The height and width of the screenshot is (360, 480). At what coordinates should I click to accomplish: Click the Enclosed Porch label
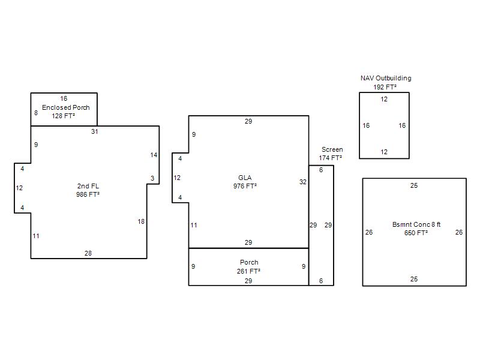(x=66, y=107)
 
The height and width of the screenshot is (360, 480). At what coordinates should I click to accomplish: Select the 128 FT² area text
(x=64, y=116)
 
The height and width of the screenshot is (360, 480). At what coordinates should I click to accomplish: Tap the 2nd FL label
(x=88, y=186)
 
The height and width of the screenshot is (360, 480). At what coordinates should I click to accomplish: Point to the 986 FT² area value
(x=88, y=194)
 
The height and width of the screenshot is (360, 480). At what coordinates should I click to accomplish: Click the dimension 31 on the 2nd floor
(x=95, y=131)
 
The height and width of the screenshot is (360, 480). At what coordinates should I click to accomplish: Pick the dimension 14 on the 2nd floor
(x=154, y=155)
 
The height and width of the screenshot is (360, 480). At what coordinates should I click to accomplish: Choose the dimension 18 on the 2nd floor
(x=141, y=221)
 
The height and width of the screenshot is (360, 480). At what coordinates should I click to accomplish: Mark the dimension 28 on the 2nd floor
(x=88, y=253)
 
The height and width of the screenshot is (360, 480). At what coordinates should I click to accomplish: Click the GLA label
(x=245, y=178)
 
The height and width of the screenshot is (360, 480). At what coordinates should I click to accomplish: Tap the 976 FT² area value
(x=245, y=186)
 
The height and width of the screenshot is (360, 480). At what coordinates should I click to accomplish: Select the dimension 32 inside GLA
(x=303, y=182)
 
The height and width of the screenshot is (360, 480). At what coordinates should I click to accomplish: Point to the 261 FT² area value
(x=248, y=271)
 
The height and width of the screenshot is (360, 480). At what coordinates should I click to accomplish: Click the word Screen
(x=332, y=149)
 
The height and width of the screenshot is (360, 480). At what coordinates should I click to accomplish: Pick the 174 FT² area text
(x=331, y=158)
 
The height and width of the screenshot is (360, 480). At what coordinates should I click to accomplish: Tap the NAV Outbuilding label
(x=386, y=78)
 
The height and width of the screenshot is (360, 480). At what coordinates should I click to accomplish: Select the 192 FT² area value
(x=385, y=87)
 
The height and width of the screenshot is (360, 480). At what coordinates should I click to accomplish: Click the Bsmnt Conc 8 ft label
(x=416, y=224)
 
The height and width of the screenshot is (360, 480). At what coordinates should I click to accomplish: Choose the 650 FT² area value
(x=416, y=233)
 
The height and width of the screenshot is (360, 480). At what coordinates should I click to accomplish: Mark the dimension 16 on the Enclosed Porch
(x=64, y=98)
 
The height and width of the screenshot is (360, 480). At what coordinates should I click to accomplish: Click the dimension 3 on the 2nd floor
(x=152, y=178)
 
